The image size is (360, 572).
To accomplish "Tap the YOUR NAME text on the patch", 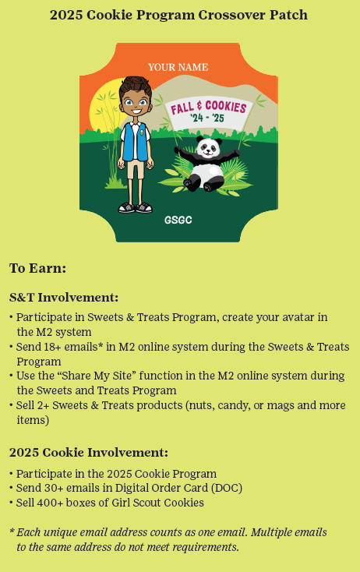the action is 178,67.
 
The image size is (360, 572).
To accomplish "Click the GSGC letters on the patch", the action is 178,220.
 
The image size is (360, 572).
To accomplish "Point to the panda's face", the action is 208,147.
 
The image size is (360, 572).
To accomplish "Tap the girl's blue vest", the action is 135,142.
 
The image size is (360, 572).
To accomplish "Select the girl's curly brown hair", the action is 135,87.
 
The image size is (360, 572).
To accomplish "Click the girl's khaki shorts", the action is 136,169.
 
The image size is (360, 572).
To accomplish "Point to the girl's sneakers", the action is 135,207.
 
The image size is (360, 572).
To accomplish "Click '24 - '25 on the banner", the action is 207,118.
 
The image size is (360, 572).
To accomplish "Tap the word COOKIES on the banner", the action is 226,107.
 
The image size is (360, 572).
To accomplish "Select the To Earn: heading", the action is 37,268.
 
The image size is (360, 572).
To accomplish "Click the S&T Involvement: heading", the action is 64,298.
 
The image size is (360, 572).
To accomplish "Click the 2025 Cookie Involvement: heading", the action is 89,452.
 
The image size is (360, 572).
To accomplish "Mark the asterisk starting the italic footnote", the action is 12,531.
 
